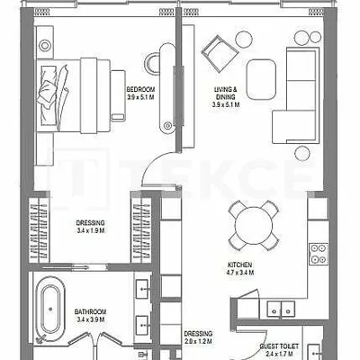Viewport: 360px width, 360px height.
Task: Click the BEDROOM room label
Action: [x=140, y=89]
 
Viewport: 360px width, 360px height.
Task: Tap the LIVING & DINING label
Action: [x=226, y=93]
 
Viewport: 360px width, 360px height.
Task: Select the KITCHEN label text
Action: [x=239, y=265]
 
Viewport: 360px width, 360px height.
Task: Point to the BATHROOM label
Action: [x=90, y=312]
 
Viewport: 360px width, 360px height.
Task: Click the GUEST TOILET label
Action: [x=279, y=346]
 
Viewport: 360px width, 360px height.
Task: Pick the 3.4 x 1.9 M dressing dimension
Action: [x=90, y=230]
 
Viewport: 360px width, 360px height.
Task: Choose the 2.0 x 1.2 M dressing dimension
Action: [x=198, y=341]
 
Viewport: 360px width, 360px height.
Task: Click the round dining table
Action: [x=254, y=226]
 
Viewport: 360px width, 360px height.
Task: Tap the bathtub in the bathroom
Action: [x=50, y=309]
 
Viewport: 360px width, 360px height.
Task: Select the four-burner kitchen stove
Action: [x=318, y=254]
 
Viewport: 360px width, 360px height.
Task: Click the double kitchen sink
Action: [x=281, y=309]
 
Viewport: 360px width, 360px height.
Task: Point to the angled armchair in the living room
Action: [x=220, y=54]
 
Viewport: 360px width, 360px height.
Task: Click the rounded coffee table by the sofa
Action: [x=261, y=79]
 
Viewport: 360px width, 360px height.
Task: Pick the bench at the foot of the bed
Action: [x=118, y=95]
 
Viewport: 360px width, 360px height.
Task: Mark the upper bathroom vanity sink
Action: [x=142, y=289]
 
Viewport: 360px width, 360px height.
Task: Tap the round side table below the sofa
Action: [x=302, y=153]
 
